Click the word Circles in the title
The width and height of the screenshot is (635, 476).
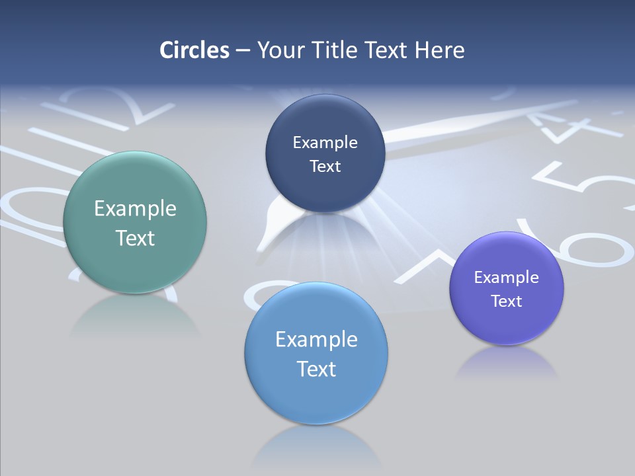[x=194, y=50]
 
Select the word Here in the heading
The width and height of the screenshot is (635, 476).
[x=439, y=50]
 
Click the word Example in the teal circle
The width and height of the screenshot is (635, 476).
[x=135, y=209]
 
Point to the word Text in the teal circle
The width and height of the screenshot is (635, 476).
[x=135, y=238]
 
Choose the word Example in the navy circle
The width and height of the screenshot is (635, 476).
[x=325, y=143]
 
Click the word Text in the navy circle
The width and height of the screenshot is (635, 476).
[x=325, y=167]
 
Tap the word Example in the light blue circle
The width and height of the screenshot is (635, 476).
[x=316, y=340]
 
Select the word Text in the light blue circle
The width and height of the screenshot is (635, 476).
[x=316, y=369]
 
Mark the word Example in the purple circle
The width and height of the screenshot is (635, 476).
[x=507, y=278]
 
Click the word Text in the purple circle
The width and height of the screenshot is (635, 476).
[x=507, y=301]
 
